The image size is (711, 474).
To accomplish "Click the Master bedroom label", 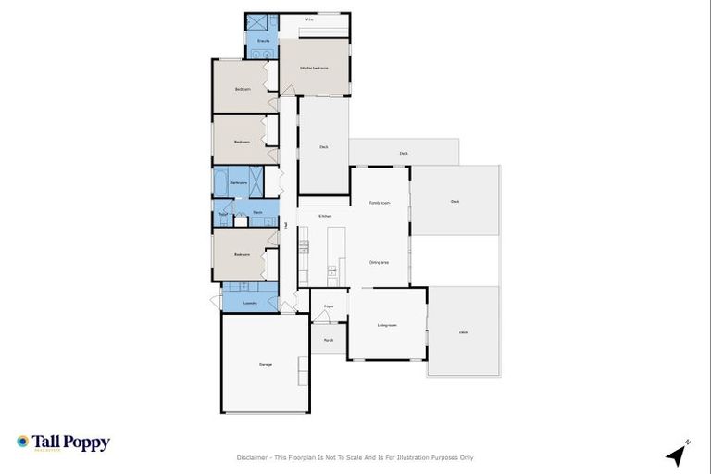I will point(315,69).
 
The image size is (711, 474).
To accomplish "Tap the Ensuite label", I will point(262,42).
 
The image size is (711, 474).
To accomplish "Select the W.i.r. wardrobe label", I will point(309,19).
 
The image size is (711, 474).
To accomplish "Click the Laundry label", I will point(250,303).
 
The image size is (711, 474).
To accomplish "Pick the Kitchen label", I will point(325,216).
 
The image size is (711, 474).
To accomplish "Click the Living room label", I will point(387,325).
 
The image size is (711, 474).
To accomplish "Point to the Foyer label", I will point(329,306).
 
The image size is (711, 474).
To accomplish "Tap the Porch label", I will point(329,340).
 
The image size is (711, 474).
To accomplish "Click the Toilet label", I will point(223,213).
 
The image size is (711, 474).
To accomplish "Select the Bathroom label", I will point(238,183).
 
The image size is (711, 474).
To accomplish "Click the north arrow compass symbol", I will point(678,454).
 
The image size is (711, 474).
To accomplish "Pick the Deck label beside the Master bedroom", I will point(324,145).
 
